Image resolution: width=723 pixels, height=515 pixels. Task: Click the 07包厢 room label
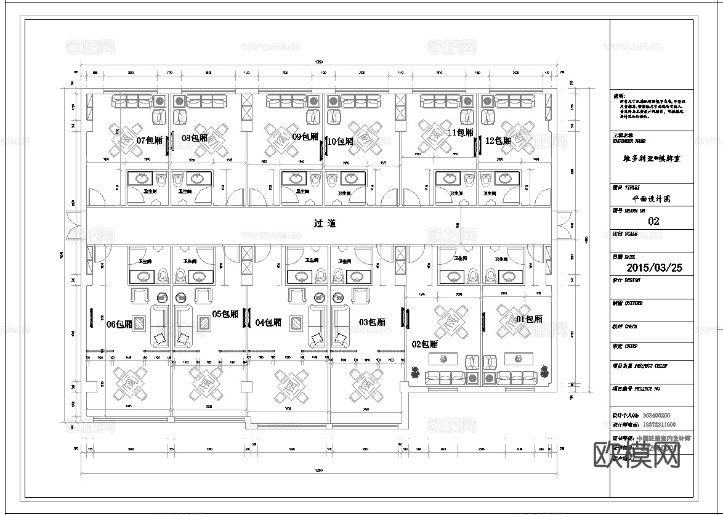click(x=149, y=140)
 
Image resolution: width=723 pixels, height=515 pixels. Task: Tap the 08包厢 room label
click(x=195, y=138)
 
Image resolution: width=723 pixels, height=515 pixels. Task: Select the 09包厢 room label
click(x=305, y=137)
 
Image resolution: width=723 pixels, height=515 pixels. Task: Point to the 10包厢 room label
click(x=341, y=142)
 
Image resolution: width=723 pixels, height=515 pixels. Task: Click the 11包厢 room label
click(x=460, y=132)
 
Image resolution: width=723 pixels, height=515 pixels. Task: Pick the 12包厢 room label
click(x=498, y=140)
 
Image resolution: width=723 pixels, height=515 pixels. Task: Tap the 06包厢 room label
click(x=119, y=324)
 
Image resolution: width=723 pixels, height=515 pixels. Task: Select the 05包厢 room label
click(x=225, y=314)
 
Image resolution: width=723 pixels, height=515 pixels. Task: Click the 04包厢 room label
click(x=268, y=322)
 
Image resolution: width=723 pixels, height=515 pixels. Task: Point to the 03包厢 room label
click(x=372, y=322)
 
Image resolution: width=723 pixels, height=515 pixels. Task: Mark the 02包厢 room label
click(x=424, y=344)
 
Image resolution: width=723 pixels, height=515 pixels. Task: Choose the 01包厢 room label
click(x=529, y=319)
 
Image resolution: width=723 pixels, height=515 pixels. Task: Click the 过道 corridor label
click(x=325, y=224)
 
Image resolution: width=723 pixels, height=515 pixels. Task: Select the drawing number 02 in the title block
click(x=653, y=221)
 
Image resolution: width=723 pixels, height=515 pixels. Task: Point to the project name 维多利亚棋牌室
click(x=652, y=158)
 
